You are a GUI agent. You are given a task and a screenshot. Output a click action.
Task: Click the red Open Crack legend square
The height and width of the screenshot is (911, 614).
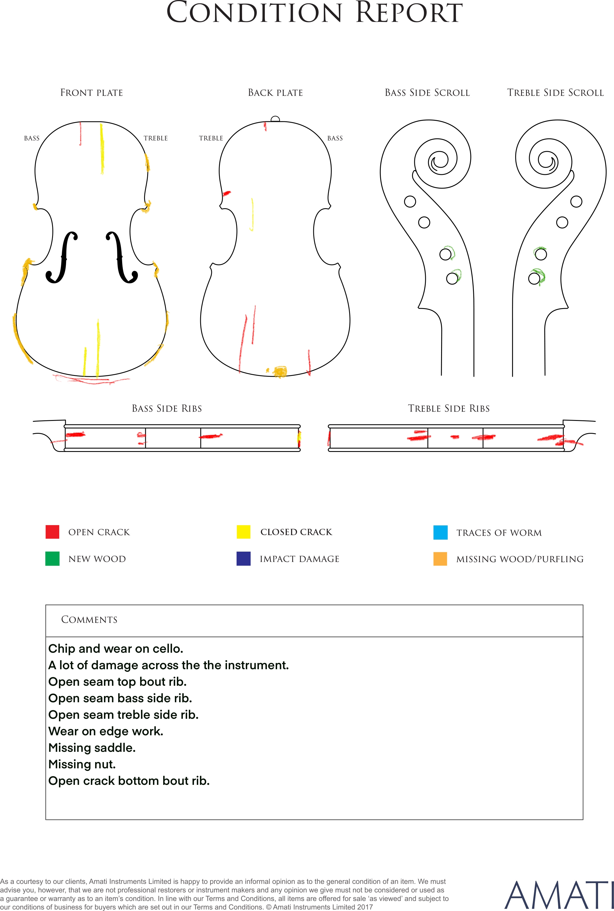[x=52, y=532]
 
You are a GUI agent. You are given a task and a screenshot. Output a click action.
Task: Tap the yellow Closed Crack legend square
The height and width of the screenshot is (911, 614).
[x=243, y=532]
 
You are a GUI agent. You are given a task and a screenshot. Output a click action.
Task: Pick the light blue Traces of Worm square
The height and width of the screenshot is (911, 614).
[x=440, y=533]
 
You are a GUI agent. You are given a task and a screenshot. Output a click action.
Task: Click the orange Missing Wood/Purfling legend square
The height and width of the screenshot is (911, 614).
[x=440, y=559]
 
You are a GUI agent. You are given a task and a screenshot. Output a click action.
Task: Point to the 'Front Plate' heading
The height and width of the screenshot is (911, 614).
[x=92, y=93]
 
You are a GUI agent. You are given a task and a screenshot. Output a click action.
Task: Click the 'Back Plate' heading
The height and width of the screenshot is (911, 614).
[x=275, y=93]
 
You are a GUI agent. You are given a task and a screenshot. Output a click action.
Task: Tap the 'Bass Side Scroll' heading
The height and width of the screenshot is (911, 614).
[x=427, y=93]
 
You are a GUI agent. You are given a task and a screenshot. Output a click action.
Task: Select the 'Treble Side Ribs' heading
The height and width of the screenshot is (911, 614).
[x=449, y=408]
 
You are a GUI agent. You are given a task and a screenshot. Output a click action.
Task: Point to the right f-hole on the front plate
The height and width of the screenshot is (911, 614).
[x=121, y=257]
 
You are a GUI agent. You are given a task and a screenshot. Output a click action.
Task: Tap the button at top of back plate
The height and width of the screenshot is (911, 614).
[x=275, y=119]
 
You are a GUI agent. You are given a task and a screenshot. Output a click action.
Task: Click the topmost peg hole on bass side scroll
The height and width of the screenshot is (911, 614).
[x=410, y=202]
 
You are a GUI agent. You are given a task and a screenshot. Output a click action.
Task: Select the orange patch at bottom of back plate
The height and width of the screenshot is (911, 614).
[x=280, y=371]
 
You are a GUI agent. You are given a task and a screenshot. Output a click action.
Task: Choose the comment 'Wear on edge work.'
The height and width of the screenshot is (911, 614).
[x=106, y=731]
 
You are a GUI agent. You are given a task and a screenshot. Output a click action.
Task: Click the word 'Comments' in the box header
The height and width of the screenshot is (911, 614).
[x=89, y=619]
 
